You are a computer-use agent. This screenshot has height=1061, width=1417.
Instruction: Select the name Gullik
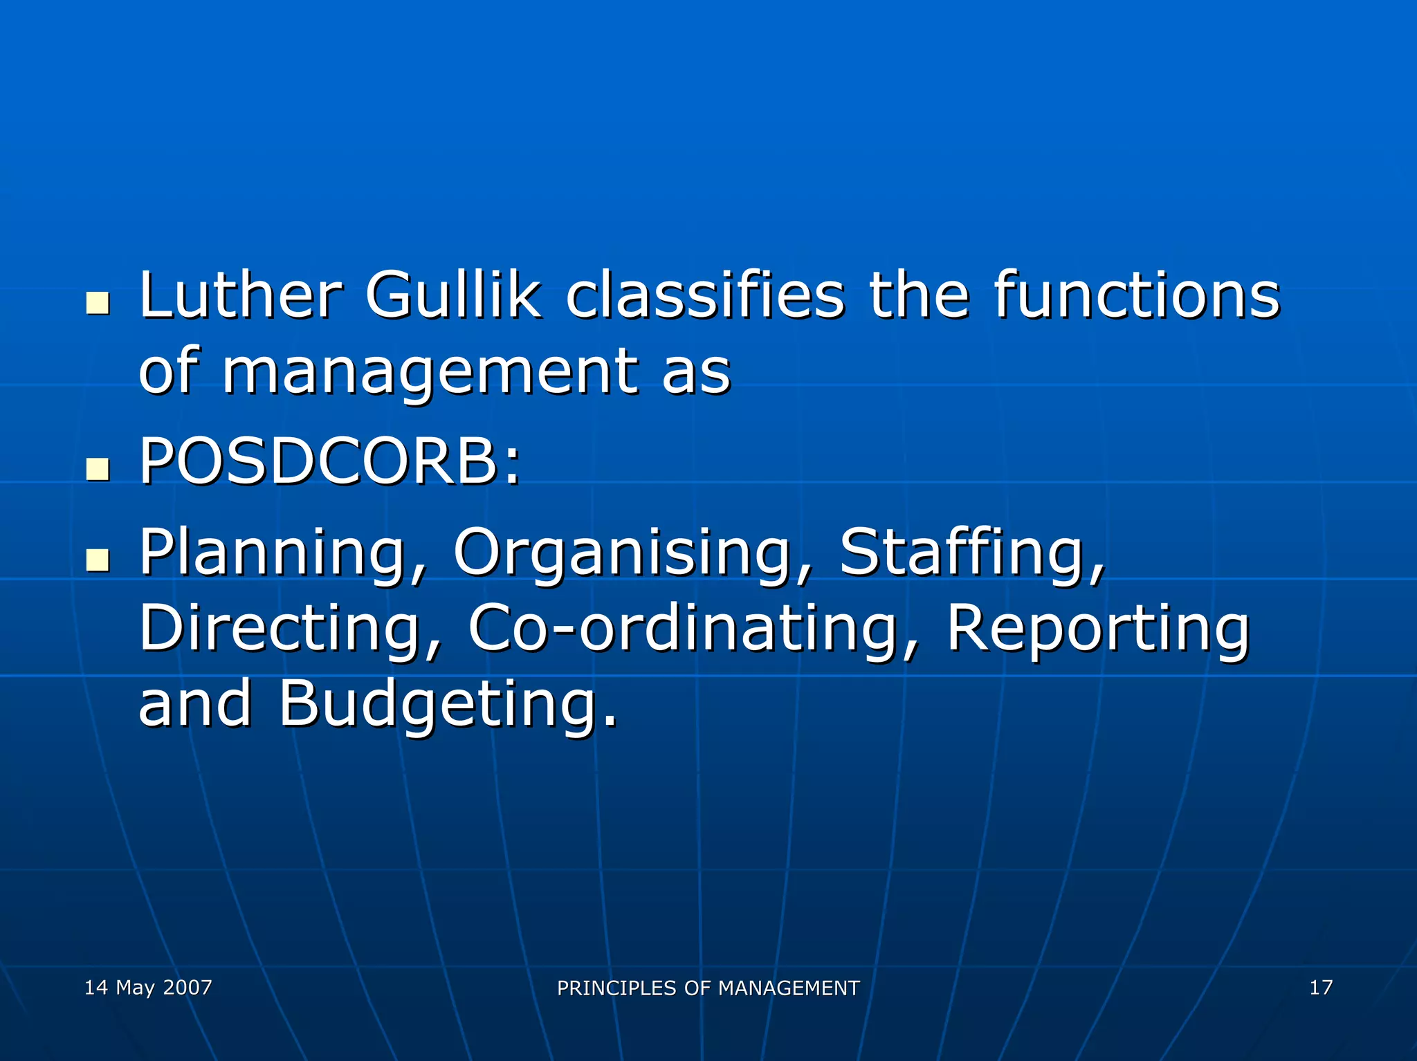(x=453, y=295)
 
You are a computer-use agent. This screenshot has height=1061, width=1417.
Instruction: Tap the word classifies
(x=705, y=295)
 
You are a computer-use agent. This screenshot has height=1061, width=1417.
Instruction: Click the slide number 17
(x=1321, y=987)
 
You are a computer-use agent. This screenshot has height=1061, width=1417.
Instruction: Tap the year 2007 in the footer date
(x=188, y=987)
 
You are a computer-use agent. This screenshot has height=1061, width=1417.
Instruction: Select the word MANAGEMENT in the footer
(x=789, y=988)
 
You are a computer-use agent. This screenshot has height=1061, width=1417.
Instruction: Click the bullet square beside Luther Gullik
(x=98, y=303)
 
